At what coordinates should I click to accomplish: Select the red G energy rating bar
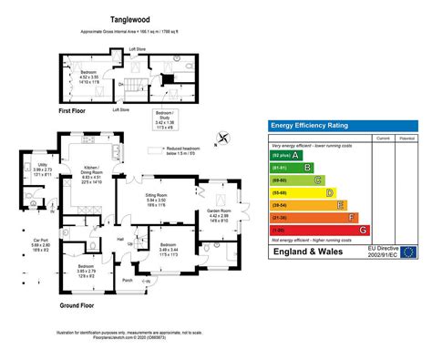click(319, 231)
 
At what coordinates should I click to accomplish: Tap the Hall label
click(118, 240)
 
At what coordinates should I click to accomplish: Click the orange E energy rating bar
click(310, 205)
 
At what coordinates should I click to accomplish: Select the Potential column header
click(406, 138)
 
